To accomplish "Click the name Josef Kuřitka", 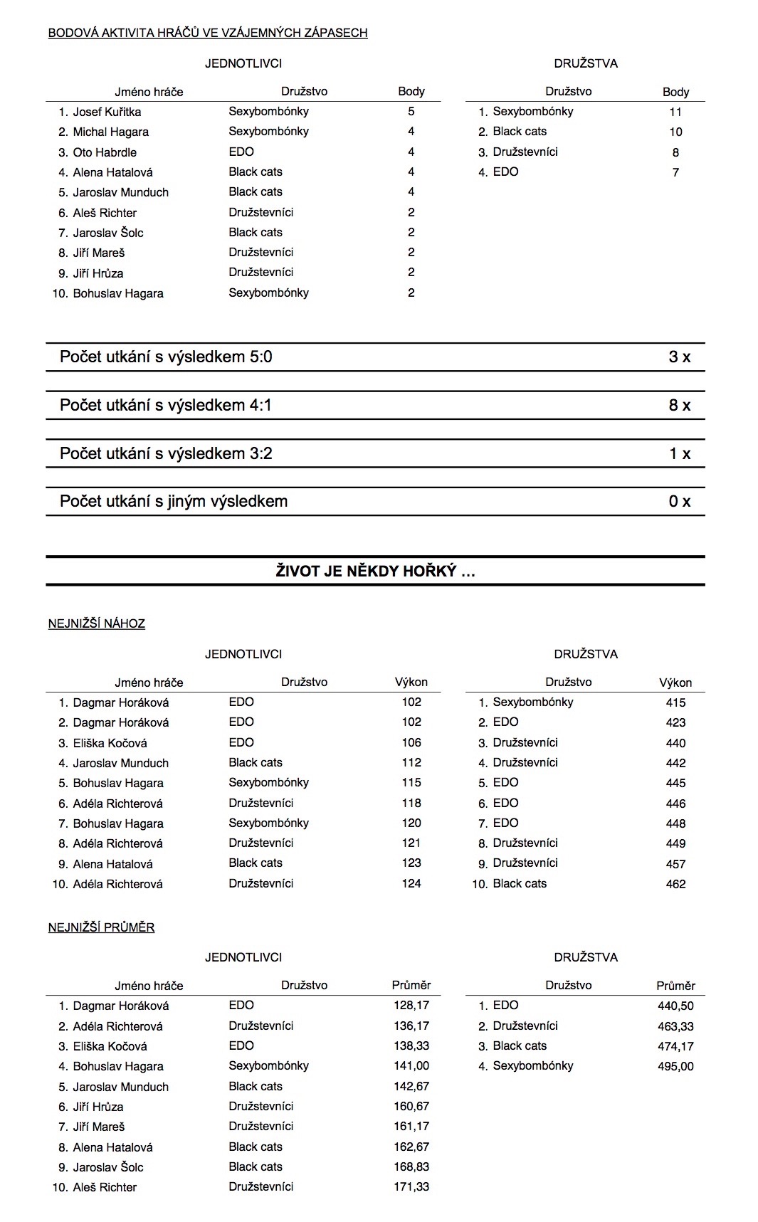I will click(x=107, y=112).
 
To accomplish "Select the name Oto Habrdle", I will click(x=105, y=152).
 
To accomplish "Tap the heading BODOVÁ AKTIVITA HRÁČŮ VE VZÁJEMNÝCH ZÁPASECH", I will click(x=208, y=33).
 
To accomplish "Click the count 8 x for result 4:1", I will click(x=679, y=406).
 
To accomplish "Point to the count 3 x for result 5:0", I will click(x=679, y=357).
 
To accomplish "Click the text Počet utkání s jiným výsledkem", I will click(x=174, y=502).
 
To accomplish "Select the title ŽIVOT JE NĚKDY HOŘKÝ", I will click(x=375, y=572).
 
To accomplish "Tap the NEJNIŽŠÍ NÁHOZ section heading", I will click(x=97, y=624).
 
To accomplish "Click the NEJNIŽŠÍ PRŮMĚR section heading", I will click(x=102, y=927).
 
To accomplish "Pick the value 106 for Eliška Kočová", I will click(x=411, y=743).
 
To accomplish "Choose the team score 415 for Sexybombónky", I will click(x=675, y=703).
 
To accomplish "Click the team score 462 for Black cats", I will click(x=675, y=885).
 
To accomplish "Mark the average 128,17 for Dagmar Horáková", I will click(x=411, y=1006).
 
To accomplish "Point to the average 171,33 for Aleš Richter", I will click(x=411, y=1187).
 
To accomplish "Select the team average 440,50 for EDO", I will click(x=675, y=1006).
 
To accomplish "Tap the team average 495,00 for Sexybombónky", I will click(x=675, y=1067).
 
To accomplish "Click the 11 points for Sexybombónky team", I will click(x=675, y=112).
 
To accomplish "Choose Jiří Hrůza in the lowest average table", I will click(x=98, y=1107).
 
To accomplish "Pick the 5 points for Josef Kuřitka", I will click(x=411, y=112).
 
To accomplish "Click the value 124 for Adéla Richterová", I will click(x=411, y=884).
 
